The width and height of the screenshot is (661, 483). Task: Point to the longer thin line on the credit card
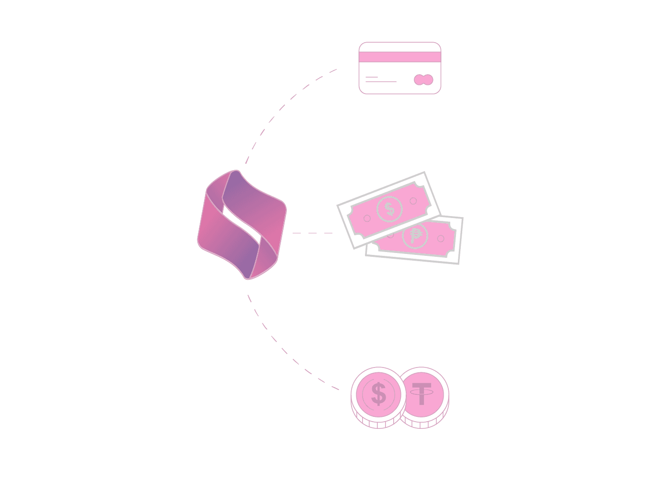(x=381, y=82)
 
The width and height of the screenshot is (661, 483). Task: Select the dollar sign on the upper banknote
(x=389, y=209)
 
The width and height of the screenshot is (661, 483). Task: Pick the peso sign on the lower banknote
(x=415, y=236)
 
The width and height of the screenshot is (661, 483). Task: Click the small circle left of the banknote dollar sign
(x=367, y=218)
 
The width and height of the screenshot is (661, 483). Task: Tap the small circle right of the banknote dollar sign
(x=413, y=201)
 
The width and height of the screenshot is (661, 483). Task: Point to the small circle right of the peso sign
(x=441, y=239)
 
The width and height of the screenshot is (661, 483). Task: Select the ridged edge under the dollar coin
(x=376, y=424)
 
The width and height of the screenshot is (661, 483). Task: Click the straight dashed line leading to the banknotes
(x=312, y=233)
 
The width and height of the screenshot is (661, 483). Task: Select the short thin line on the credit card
(x=372, y=77)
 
